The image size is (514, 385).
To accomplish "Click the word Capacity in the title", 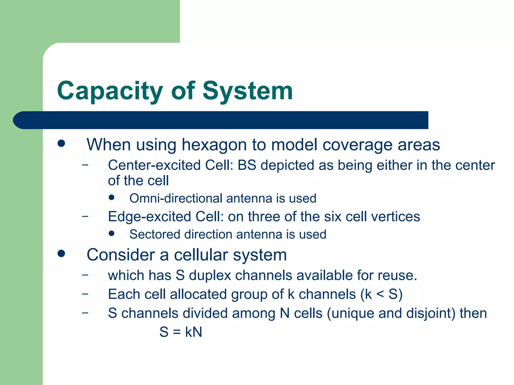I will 110,91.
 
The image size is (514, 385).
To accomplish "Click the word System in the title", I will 247,91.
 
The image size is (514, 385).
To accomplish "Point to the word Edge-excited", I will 150,217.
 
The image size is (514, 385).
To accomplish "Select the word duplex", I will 210,275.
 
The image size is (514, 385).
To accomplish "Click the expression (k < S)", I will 381,294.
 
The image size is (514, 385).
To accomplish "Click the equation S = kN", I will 181,332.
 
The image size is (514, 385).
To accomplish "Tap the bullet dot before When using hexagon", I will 61,144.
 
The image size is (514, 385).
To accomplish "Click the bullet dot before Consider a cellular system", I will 61,253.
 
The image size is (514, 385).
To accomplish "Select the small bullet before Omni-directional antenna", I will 112,198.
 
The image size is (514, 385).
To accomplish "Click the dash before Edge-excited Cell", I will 85,216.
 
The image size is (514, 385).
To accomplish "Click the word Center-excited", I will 154,165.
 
